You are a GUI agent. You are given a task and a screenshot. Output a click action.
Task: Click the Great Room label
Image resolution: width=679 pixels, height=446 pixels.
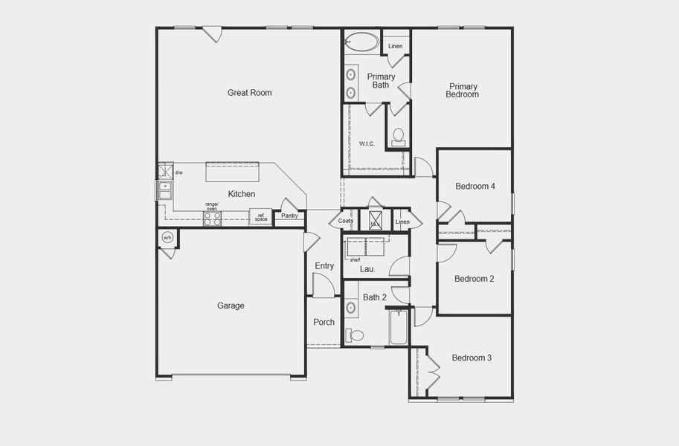pos(249,93)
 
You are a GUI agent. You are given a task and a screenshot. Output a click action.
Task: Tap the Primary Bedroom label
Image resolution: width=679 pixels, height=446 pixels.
pos(462,90)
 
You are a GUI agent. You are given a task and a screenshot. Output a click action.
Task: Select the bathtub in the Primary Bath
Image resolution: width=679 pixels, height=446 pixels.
pos(362,42)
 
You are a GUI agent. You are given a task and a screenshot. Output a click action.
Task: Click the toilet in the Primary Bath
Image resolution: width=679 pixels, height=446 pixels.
pos(399,136)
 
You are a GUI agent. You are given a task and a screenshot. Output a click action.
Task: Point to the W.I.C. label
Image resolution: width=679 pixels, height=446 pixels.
pos(367,143)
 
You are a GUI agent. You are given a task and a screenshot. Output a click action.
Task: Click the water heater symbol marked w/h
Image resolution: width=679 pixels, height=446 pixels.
pos(167,238)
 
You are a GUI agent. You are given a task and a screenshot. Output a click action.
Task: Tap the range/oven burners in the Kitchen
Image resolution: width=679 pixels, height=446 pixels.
pos(212,219)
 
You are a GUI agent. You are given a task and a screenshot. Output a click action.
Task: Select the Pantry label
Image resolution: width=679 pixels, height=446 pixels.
pos(289,216)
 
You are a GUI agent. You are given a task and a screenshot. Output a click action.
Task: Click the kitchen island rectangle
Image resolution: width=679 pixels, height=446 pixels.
pos(232,172)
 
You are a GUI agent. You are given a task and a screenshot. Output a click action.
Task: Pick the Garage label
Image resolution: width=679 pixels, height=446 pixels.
pos(231,306)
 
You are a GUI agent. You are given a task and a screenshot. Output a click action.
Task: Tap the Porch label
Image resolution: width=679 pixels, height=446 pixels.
pos(324,323)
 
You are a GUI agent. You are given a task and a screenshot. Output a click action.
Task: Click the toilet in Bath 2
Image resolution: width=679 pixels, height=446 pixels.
pos(355,335)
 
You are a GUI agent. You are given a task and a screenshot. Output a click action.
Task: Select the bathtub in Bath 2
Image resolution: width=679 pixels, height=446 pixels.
pos(399,328)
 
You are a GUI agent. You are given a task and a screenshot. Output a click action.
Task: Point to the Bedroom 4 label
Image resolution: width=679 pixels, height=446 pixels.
pos(474,187)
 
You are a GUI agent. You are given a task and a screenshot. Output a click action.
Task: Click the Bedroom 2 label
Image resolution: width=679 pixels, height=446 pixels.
pos(474,279)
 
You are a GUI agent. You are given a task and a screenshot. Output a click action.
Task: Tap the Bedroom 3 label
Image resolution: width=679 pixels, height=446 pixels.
pos(472,358)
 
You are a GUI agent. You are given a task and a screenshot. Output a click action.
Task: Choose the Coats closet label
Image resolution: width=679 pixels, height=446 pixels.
pos(346,222)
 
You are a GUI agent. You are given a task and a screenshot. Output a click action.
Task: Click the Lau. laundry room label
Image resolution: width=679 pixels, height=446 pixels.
pos(367,269)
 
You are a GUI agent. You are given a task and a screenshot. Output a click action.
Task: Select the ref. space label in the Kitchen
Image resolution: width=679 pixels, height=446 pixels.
pos(261,217)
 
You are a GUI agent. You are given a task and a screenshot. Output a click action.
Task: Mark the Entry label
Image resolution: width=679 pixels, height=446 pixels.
pos(324,266)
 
